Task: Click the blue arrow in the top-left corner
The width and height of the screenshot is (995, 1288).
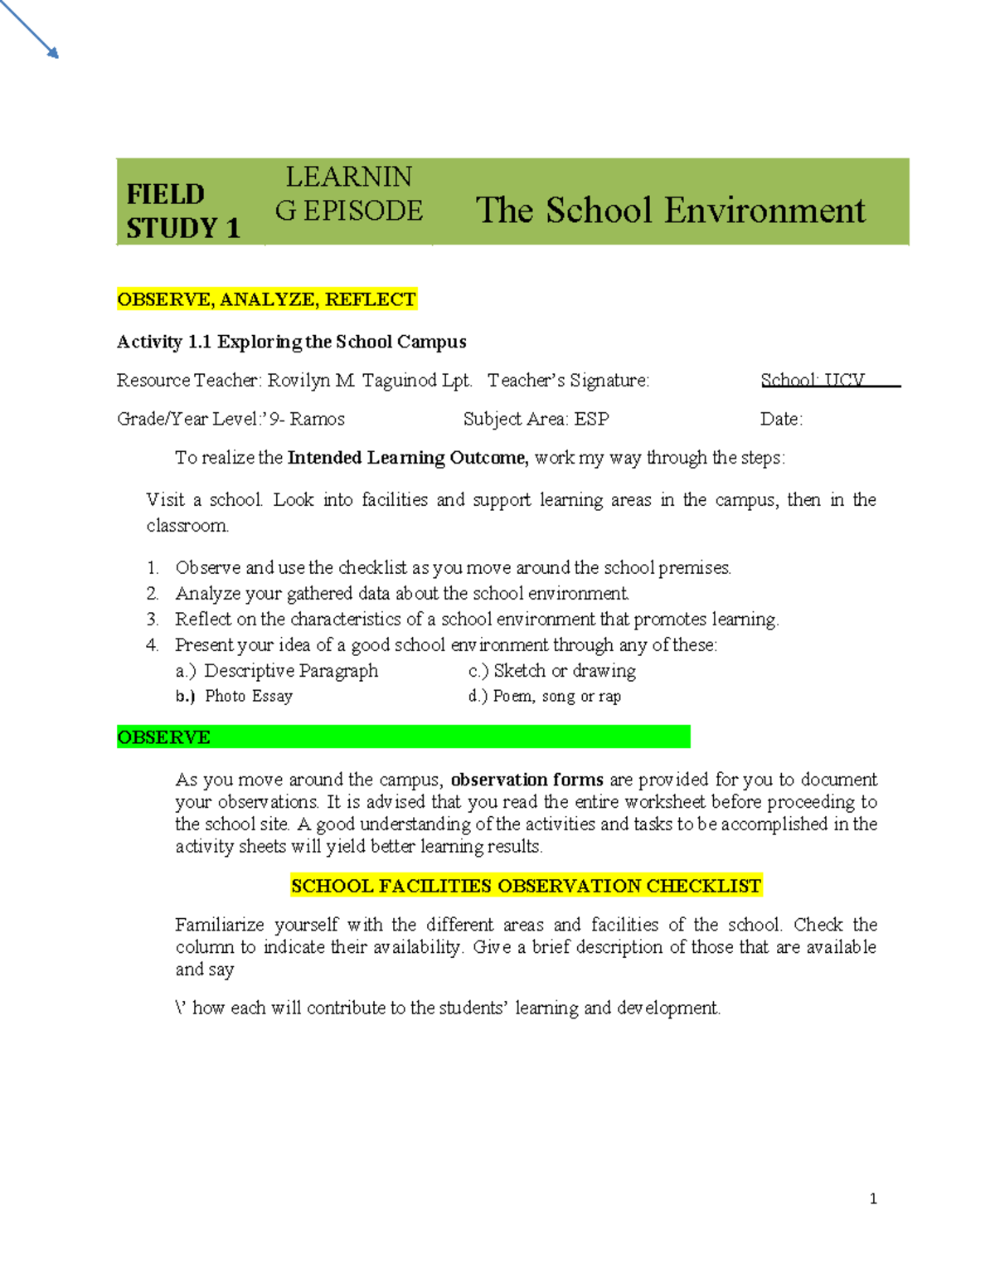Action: point(30,29)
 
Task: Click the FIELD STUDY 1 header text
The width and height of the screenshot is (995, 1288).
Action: point(182,211)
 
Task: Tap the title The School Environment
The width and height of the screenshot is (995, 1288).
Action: point(670,210)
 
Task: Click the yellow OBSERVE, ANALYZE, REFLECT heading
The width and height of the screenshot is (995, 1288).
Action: point(266,299)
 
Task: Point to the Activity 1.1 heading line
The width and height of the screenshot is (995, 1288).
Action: point(291,342)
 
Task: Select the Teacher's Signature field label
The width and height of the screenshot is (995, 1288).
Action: point(568,381)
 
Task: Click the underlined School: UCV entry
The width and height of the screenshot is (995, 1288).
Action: point(813,381)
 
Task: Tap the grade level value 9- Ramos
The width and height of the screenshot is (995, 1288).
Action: point(307,420)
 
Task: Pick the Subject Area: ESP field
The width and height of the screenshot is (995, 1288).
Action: point(536,420)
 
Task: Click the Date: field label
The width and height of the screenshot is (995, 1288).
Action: point(781,420)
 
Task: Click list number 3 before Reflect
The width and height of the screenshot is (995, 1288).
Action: point(152,620)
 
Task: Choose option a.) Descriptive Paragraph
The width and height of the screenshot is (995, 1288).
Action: point(277,671)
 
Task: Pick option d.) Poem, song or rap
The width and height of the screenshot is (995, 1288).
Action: point(544,697)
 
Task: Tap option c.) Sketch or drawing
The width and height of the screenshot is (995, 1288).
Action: point(552,671)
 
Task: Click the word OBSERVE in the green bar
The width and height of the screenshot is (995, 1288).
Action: point(164,737)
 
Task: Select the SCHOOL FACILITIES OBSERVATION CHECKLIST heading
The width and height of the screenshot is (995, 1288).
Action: point(526,886)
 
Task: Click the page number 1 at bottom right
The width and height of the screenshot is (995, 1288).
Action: point(873,1198)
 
